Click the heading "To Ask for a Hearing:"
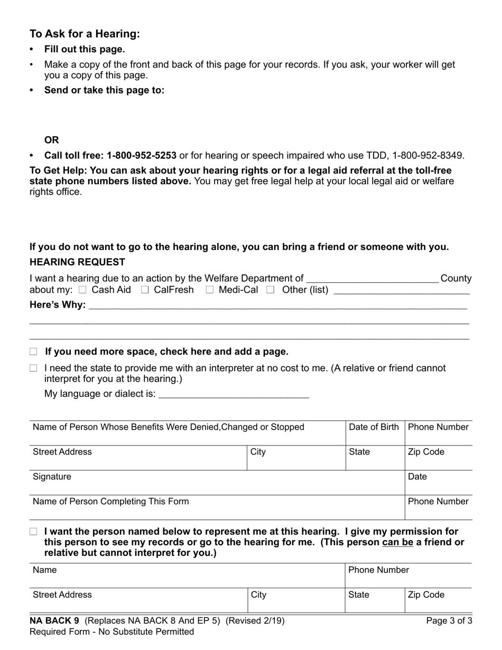click(85, 34)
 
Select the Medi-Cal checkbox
click(210, 290)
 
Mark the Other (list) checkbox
click(271, 290)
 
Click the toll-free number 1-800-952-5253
click(142, 155)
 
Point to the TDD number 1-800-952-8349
click(428, 155)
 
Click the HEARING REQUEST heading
click(77, 262)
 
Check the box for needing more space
click(34, 352)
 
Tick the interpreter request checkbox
click(34, 368)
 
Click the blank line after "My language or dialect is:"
click(234, 394)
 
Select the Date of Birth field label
click(374, 427)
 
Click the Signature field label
click(52, 477)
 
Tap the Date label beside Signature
click(417, 477)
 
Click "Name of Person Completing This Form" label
click(110, 502)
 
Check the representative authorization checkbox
click(34, 532)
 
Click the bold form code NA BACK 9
click(54, 621)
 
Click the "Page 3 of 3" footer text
click(449, 621)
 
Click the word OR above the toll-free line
click(52, 140)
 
